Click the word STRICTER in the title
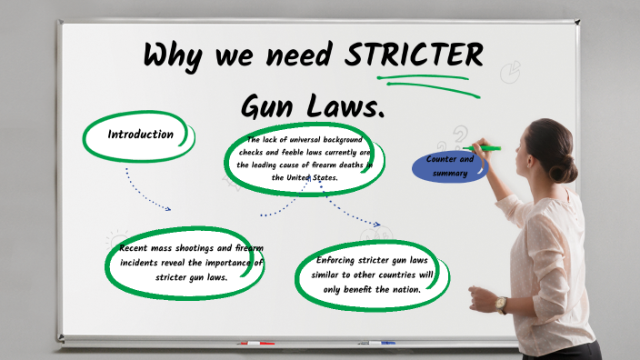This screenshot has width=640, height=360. click(414, 56)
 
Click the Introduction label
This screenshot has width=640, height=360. click(140, 135)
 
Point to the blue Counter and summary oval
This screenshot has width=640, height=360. click(449, 166)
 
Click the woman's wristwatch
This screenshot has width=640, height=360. click(500, 305)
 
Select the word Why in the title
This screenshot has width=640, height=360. click(175, 56)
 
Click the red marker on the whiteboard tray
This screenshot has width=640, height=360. click(255, 344)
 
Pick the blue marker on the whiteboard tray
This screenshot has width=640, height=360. click(376, 344)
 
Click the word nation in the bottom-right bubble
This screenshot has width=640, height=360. click(401, 289)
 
